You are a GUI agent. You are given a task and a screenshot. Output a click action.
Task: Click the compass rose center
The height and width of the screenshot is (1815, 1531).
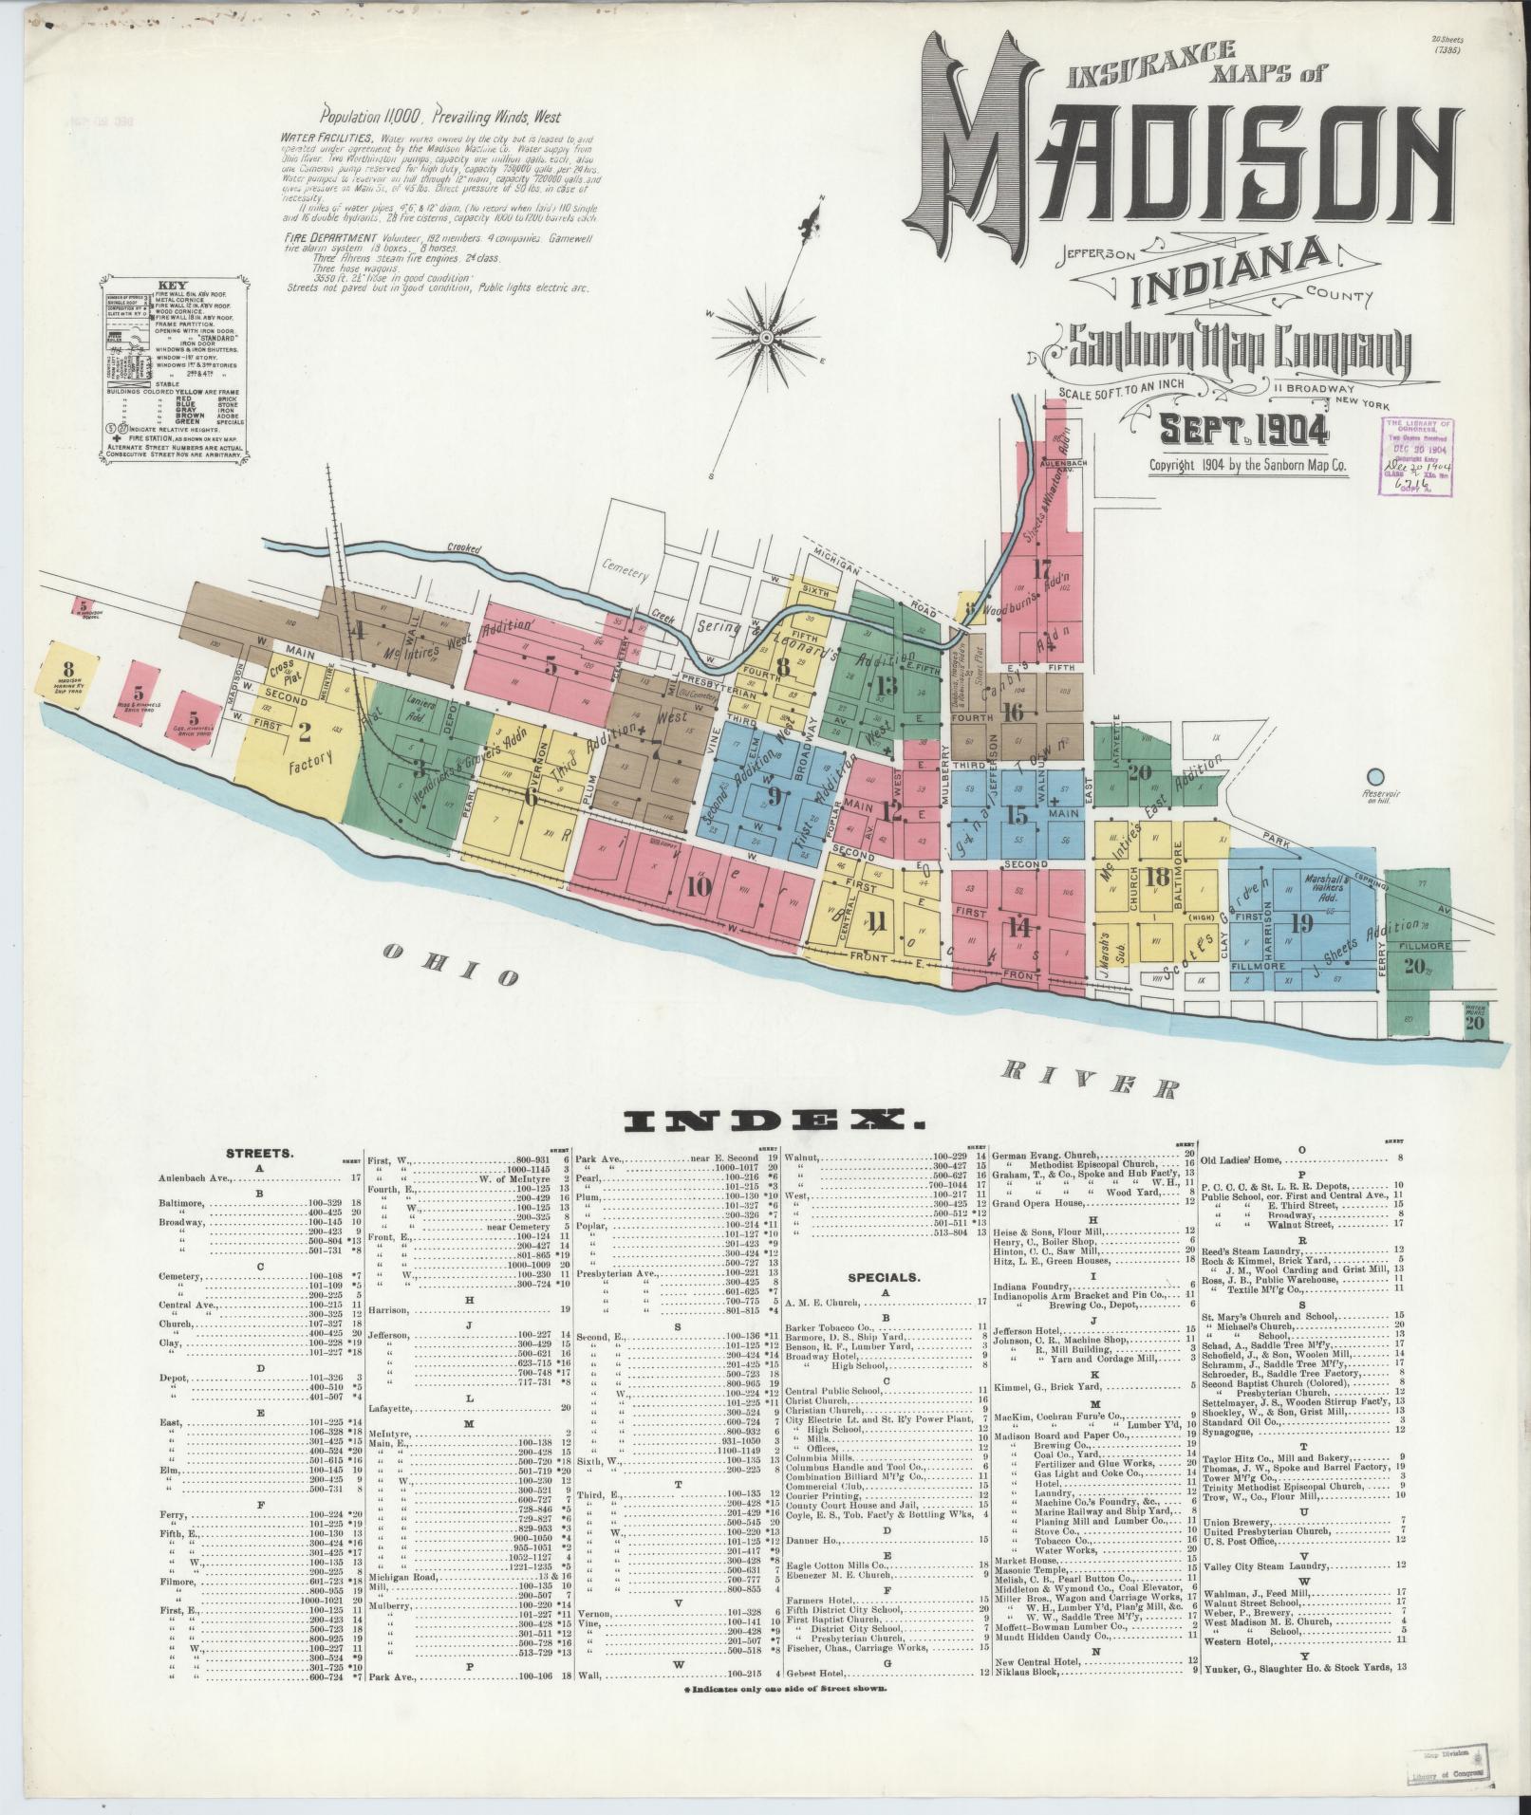(765, 337)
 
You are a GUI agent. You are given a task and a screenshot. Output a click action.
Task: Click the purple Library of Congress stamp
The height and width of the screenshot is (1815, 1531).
(1418, 456)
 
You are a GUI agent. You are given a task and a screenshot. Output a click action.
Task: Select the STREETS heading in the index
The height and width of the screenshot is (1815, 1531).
(260, 1154)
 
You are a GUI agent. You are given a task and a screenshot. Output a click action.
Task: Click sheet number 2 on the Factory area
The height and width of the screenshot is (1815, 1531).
(305, 732)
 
